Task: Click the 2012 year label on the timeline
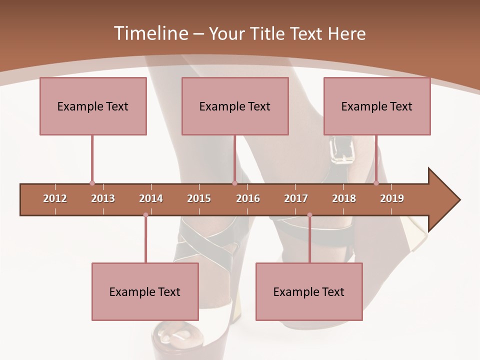tap(55, 198)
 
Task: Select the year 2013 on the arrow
tap(103, 198)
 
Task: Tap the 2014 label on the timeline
tap(151, 198)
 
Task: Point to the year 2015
tap(199, 198)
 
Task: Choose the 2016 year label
tap(248, 198)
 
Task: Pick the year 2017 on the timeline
tap(296, 198)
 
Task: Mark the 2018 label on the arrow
tap(344, 198)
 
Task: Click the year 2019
tap(392, 198)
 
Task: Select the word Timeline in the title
tap(149, 33)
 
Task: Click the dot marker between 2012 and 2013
tap(92, 183)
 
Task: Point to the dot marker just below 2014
tap(145, 215)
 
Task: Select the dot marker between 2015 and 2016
tap(234, 183)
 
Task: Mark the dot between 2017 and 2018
tap(309, 215)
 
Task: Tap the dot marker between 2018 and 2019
tap(376, 183)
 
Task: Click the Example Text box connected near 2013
tap(93, 106)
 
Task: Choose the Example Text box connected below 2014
tap(145, 291)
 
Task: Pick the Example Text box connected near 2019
tap(377, 106)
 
